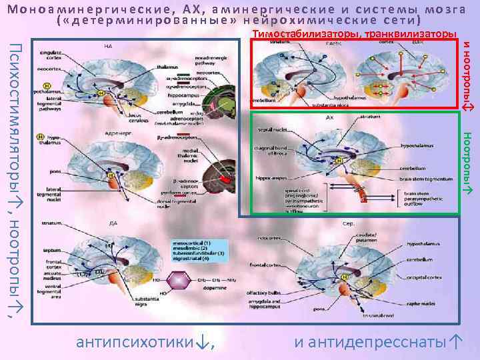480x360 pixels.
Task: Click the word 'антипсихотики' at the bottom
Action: pyautogui.click(x=137, y=343)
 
